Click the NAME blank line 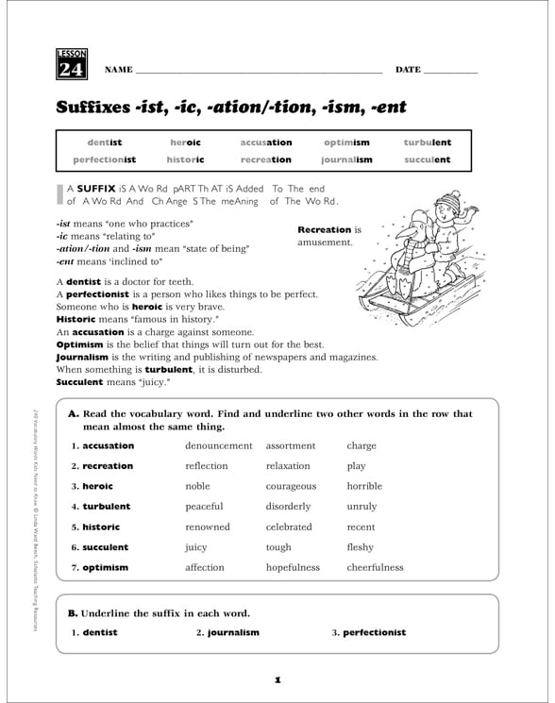tap(260, 73)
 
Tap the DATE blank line tap(451, 73)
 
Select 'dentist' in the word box tap(105, 142)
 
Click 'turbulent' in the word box tap(428, 142)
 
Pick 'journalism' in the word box tap(346, 159)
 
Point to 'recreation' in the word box tap(266, 159)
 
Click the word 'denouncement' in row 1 tap(219, 445)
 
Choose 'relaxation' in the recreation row tap(288, 466)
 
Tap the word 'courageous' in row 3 tap(291, 486)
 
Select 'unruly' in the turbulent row tap(362, 507)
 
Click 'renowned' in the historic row tap(208, 527)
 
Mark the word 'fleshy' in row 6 tap(360, 547)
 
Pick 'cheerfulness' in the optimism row tap(375, 568)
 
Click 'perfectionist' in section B tap(374, 632)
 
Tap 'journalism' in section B tap(232, 632)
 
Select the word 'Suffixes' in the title tap(99, 107)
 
